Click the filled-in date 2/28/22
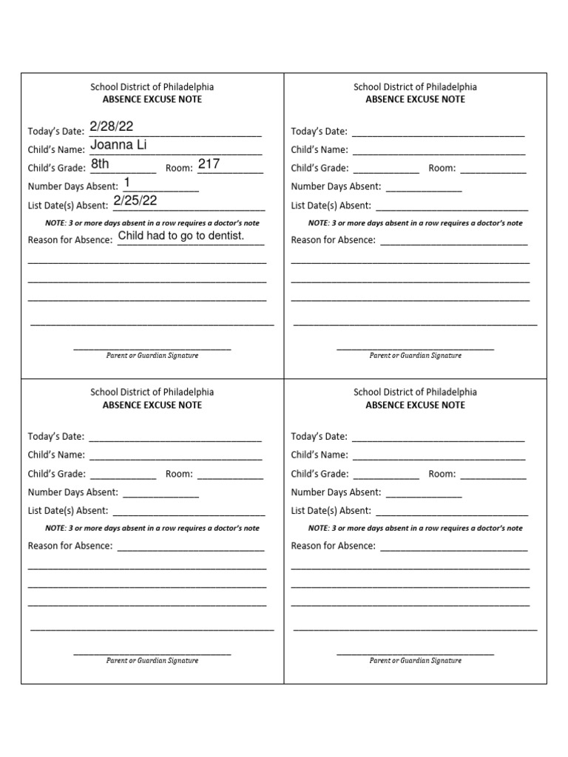click(x=111, y=126)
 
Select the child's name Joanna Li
click(x=118, y=145)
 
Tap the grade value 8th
click(x=100, y=164)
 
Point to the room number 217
click(x=209, y=164)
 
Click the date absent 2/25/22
click(x=135, y=200)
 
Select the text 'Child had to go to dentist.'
click(x=180, y=236)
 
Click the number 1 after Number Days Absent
click(x=127, y=182)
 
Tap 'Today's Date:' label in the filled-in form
click(x=56, y=132)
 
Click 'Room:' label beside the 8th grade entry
click(x=179, y=169)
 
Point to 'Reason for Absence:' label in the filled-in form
click(x=70, y=240)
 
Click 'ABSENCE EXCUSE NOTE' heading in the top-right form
click(x=415, y=99)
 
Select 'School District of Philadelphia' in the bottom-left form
click(x=152, y=392)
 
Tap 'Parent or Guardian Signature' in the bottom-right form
click(x=415, y=660)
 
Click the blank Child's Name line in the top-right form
click(x=439, y=152)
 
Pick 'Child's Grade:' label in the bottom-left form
click(x=57, y=474)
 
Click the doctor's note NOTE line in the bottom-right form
click(x=415, y=528)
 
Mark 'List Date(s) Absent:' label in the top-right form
click(x=331, y=206)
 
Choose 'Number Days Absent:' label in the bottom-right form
click(x=336, y=492)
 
